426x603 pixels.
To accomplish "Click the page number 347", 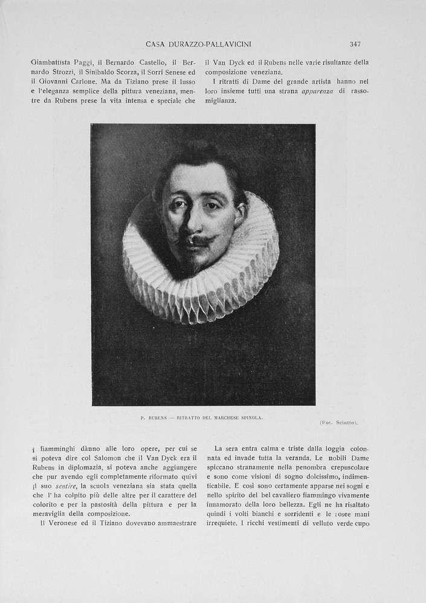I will click(x=355, y=44).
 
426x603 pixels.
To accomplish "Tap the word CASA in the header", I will click(x=157, y=44).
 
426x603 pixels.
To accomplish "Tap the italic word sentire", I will click(x=65, y=486).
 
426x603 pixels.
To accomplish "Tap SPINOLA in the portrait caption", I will click(x=251, y=417).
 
